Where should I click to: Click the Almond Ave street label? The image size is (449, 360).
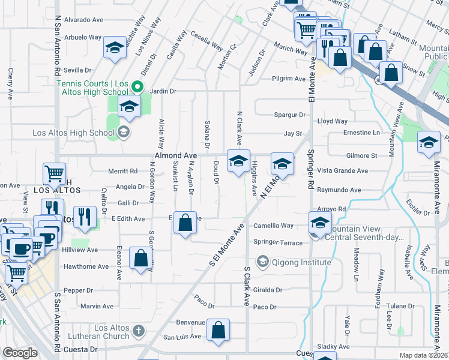pos(176,155)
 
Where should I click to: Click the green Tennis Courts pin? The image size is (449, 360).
pos(136,87)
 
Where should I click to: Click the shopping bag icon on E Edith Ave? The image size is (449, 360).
pos(186,223)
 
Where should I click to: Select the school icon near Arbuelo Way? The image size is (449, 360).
pos(114,47)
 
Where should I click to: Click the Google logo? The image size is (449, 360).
pos(20,352)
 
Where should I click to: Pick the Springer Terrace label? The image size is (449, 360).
pos(278,242)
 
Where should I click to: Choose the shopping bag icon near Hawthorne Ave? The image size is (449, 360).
pos(140,259)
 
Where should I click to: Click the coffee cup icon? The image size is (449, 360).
pos(21,247)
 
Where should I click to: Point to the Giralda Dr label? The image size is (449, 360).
pos(267,289)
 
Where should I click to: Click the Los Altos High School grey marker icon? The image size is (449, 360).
pos(124,132)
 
